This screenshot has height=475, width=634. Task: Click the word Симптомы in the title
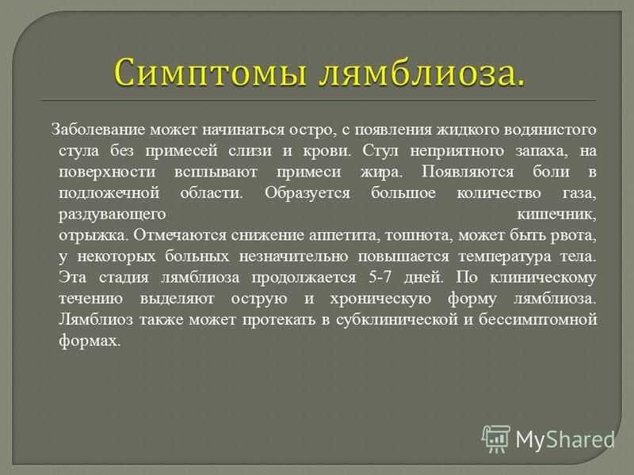click(x=210, y=72)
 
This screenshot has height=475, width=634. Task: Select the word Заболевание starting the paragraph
click(x=98, y=130)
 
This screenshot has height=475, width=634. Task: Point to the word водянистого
click(x=550, y=130)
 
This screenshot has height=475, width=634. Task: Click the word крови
click(x=327, y=150)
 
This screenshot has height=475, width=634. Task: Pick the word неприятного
click(x=457, y=151)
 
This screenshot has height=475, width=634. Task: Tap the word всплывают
click(x=216, y=172)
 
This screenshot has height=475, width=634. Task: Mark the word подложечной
click(x=109, y=193)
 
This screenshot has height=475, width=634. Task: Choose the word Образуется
click(x=307, y=193)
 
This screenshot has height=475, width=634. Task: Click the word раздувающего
click(x=112, y=215)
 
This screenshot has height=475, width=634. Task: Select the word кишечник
click(x=557, y=215)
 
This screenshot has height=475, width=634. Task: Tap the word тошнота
click(x=418, y=235)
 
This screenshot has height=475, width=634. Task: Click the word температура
click(x=505, y=256)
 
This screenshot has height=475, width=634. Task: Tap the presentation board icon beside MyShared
click(x=496, y=439)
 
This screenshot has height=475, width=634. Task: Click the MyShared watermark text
click(x=565, y=439)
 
